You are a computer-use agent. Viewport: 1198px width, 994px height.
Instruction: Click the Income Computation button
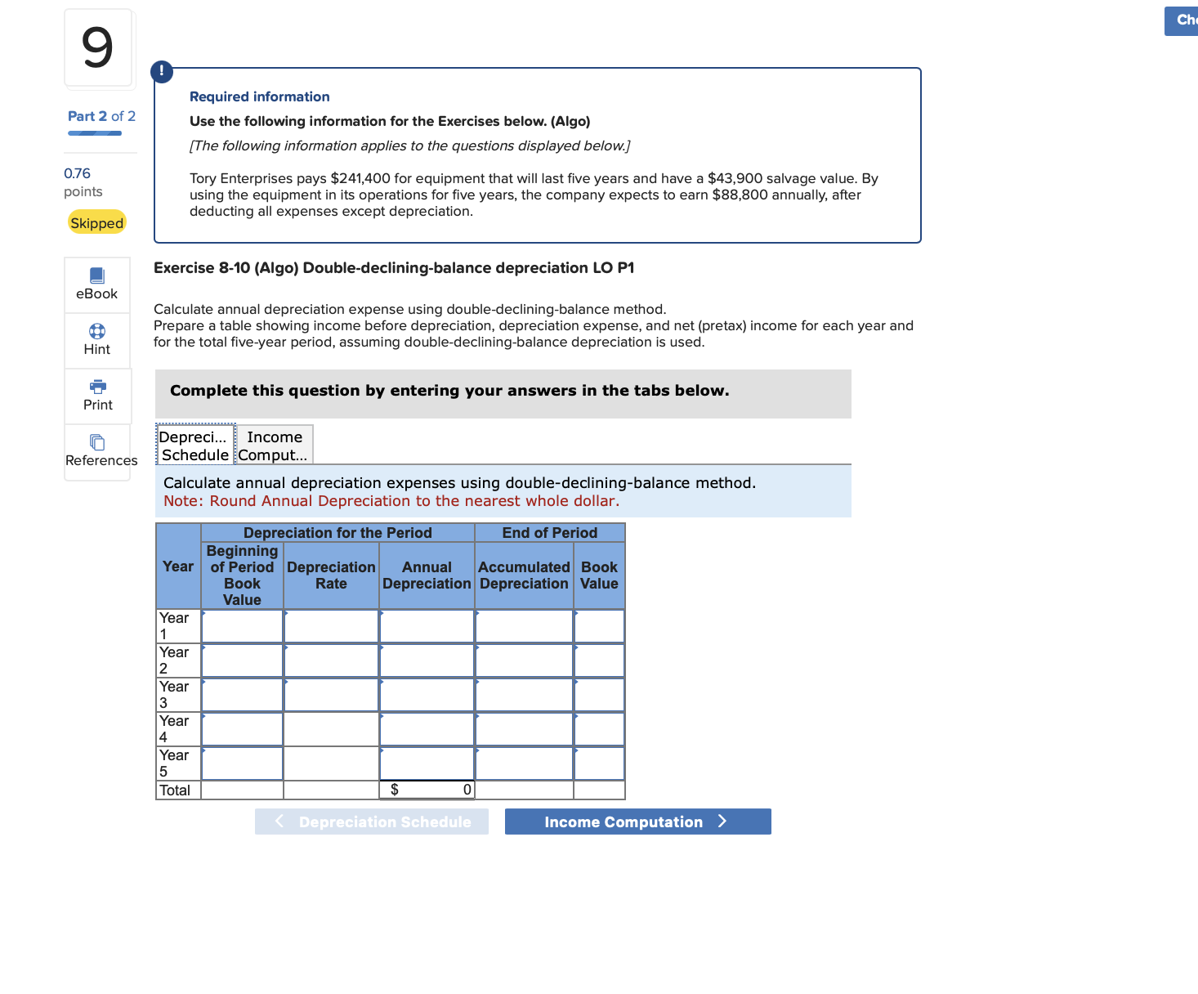coord(637,822)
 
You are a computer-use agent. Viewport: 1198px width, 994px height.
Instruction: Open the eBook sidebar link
coord(97,284)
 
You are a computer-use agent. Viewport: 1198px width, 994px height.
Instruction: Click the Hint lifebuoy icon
coord(97,331)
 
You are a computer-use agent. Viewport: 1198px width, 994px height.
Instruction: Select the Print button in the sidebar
coord(97,396)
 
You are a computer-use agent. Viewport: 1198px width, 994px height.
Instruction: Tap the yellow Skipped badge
coord(96,222)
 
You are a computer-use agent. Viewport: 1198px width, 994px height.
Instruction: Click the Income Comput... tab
coord(275,446)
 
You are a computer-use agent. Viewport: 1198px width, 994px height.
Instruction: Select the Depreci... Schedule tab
coord(195,446)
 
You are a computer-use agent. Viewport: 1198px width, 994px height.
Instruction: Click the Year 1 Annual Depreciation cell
coord(427,626)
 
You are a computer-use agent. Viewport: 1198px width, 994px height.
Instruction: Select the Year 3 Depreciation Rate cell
coord(331,695)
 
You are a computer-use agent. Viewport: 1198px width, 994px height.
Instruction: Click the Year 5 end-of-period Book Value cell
coord(599,763)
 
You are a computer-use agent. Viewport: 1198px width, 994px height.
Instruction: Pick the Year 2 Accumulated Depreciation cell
coord(524,660)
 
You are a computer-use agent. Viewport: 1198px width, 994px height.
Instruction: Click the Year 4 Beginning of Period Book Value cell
coord(242,729)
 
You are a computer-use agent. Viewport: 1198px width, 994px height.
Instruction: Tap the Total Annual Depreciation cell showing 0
coord(427,790)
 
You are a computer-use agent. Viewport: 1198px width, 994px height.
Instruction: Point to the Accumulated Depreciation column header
coord(524,575)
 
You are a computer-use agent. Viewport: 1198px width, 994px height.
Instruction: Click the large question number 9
coord(97,47)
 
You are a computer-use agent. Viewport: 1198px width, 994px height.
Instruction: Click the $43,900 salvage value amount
coord(735,178)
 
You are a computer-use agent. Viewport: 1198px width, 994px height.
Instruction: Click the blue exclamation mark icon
coord(162,71)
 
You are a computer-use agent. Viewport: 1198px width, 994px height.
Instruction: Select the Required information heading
coord(260,96)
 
